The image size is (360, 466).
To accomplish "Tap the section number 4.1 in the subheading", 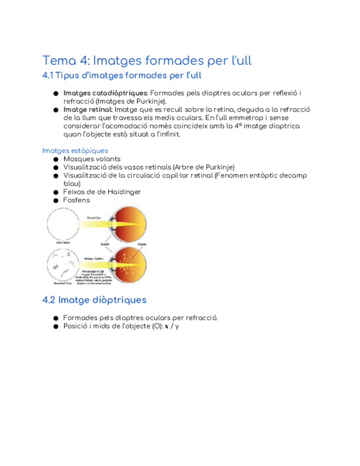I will coord(48,75).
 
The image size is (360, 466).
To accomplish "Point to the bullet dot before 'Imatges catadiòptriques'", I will coord(56,94).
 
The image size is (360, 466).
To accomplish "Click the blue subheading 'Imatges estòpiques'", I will coord(75,151).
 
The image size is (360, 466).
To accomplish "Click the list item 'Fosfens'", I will coord(76,200).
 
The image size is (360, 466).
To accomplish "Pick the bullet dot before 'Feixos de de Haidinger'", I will coord(56,192).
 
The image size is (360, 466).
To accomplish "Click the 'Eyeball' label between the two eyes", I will coord(105,243).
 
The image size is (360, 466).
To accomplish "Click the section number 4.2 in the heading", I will coord(49,300).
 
